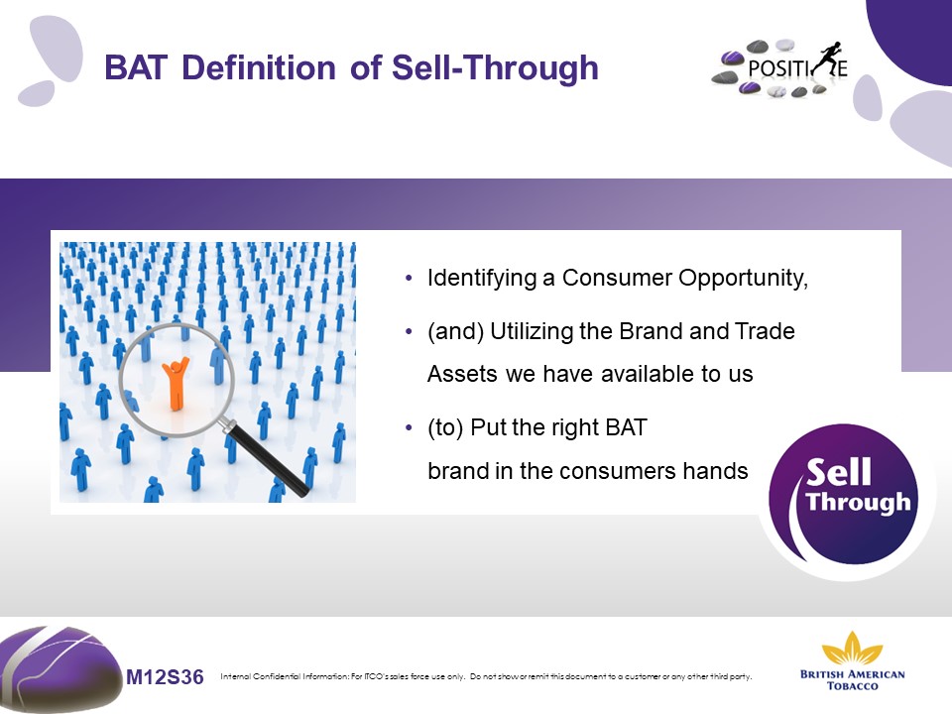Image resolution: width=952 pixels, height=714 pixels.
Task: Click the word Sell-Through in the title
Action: click(495, 67)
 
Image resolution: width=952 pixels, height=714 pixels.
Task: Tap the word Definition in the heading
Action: click(259, 67)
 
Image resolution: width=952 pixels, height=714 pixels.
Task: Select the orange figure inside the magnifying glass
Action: click(176, 384)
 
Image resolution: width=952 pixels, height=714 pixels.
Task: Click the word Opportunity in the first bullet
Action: click(743, 279)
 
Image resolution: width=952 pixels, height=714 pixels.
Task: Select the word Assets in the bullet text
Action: click(462, 374)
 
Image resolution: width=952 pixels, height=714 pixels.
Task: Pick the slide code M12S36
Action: click(166, 676)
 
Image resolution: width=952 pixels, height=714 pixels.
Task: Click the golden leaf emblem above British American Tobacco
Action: click(853, 648)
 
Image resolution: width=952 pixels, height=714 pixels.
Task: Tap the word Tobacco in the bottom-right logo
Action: click(853, 686)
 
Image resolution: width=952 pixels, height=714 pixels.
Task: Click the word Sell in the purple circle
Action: click(839, 472)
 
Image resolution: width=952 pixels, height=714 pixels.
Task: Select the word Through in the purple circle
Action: click(859, 503)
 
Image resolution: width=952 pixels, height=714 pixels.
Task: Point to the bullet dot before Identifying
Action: click(409, 279)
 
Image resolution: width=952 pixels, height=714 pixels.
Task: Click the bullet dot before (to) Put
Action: click(409, 428)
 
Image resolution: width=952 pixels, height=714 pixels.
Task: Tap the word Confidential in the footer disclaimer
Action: click(278, 676)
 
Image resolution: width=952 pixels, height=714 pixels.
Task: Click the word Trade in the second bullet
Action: click(765, 331)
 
